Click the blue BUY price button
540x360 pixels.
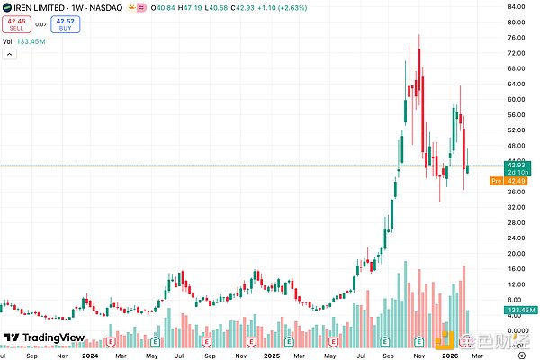coord(65,25)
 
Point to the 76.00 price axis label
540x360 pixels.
coord(516,38)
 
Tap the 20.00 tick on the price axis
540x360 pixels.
coord(516,254)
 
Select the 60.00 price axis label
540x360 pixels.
coord(516,99)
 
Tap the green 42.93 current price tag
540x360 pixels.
coord(516,166)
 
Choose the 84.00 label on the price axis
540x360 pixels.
coord(516,7)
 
